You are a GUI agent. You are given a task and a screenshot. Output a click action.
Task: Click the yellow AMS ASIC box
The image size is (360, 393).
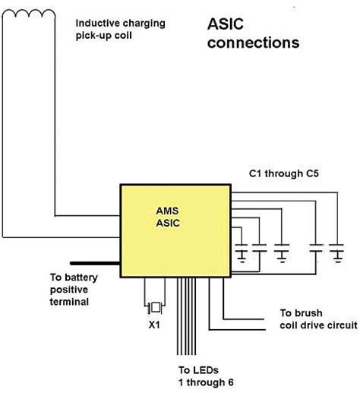click(175, 231)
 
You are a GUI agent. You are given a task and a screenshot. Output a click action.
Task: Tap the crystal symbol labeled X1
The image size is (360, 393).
click(155, 308)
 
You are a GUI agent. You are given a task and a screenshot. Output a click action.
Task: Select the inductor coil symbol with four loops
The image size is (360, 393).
click(29, 14)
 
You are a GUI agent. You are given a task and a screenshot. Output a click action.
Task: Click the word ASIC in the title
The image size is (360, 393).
click(226, 24)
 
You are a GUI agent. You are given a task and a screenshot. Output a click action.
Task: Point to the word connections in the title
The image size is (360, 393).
click(253, 43)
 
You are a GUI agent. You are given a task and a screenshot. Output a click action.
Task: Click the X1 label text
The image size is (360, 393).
click(154, 325)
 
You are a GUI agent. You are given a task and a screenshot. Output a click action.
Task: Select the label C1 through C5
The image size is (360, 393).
click(283, 173)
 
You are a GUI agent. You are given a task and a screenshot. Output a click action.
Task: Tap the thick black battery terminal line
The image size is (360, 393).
click(95, 263)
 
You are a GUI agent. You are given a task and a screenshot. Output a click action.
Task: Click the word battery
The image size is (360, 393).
click(81, 278)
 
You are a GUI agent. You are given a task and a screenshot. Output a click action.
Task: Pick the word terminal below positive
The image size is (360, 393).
click(69, 302)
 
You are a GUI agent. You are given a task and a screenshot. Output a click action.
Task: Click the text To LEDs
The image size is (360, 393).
click(198, 370)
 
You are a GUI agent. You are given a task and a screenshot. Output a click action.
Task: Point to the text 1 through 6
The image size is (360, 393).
click(206, 382)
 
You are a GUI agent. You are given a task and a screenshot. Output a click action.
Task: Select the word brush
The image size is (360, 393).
click(309, 313)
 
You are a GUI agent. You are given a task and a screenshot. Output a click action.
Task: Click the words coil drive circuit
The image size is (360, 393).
click(318, 325)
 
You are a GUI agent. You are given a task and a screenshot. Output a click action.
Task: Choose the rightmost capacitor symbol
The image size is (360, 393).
click(336, 253)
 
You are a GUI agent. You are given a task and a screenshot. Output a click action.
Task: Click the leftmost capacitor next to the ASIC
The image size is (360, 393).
click(242, 253)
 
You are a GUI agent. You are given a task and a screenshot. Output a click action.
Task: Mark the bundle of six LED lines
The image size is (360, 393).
click(186, 316)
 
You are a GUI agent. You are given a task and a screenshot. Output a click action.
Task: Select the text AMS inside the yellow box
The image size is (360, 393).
click(167, 211)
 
